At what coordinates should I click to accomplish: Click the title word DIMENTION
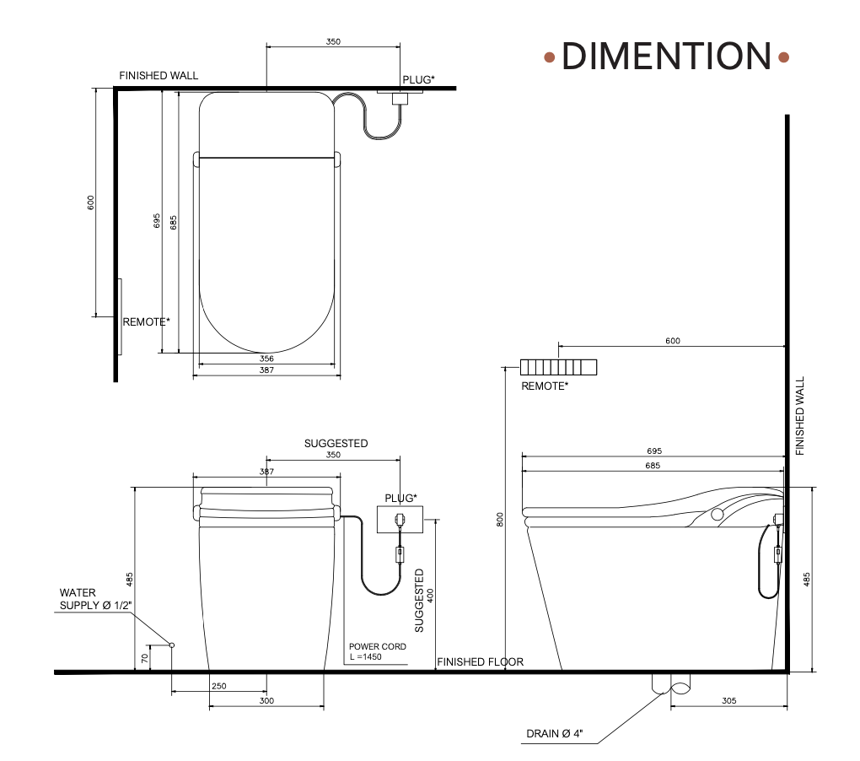coord(666,56)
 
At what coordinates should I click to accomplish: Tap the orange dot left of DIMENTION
coord(550,57)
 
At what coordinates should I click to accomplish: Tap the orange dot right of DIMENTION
coord(784,57)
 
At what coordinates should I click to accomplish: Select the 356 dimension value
coord(266,359)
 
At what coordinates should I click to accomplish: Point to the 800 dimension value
coord(500,520)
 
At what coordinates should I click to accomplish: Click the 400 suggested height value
coord(430,596)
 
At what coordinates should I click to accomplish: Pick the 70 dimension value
coord(145,658)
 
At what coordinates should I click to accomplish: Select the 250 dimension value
coord(219,686)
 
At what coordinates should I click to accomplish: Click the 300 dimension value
coord(266,700)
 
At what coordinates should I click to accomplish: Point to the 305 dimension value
coord(729,700)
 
